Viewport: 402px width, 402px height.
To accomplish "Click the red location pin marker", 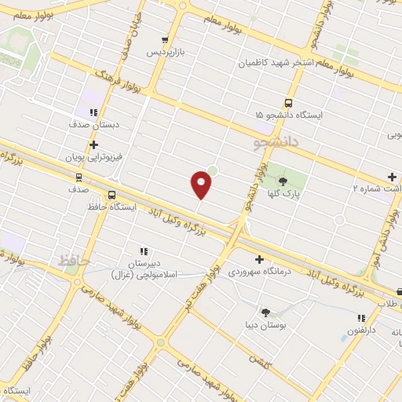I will tap(202, 185).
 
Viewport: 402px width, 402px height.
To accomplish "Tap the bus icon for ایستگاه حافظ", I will tap(111, 196).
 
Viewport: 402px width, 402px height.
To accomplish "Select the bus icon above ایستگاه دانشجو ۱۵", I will tap(288, 104).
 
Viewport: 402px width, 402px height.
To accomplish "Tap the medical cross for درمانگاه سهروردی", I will tap(260, 259).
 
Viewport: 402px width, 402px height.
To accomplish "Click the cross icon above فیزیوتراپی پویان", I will tap(93, 145).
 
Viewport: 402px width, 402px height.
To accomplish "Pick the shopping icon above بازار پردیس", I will tap(164, 41).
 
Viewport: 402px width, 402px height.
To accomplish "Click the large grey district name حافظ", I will tap(75, 259).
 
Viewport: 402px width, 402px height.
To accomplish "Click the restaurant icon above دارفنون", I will tap(361, 318).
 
